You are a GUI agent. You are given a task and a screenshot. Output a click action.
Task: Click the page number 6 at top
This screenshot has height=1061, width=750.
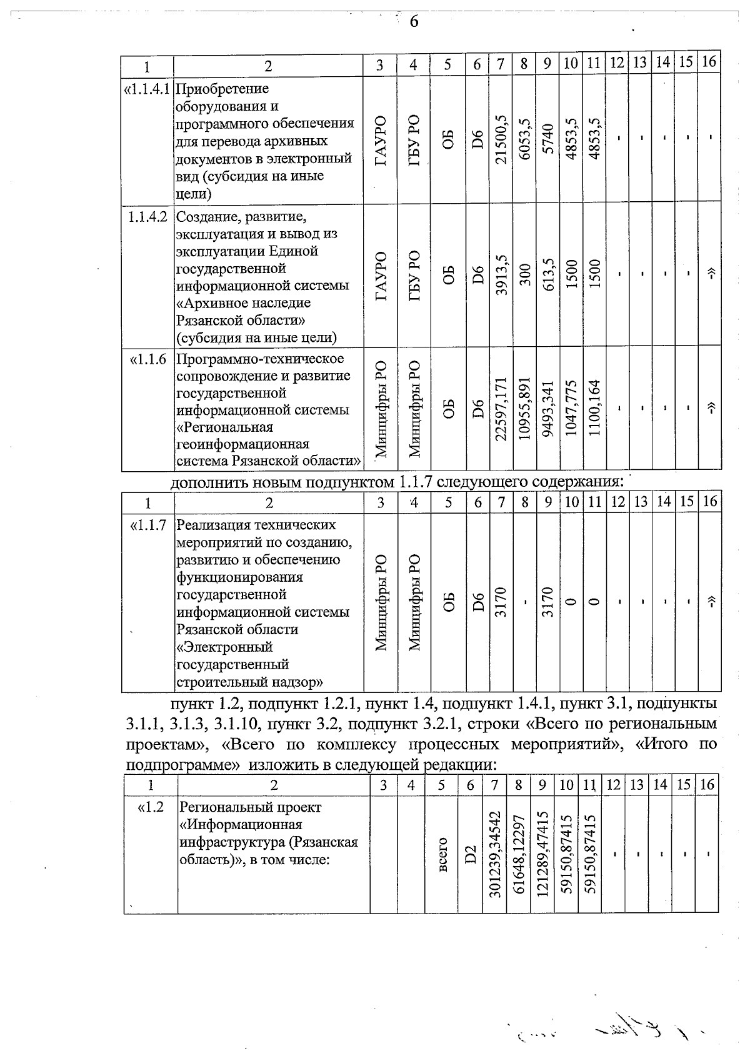pyautogui.click(x=413, y=22)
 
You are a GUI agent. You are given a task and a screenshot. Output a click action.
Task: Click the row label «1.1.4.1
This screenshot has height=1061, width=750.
pyautogui.click(x=148, y=89)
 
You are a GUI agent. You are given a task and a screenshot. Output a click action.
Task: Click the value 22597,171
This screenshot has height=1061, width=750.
pyautogui.click(x=501, y=408)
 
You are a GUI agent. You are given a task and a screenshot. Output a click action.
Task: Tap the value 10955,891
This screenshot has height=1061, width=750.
pyautogui.click(x=524, y=408)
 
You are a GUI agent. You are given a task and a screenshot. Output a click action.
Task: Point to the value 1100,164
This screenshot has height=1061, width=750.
pyautogui.click(x=594, y=408)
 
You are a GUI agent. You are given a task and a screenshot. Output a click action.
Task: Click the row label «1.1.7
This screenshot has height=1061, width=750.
pyautogui.click(x=148, y=526)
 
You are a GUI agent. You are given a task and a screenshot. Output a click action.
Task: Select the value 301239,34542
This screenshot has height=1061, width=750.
pyautogui.click(x=495, y=854)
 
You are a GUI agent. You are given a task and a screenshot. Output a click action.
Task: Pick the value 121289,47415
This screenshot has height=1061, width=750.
pyautogui.click(x=542, y=854)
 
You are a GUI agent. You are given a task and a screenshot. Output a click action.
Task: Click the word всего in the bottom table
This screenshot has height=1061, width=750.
pyautogui.click(x=442, y=854)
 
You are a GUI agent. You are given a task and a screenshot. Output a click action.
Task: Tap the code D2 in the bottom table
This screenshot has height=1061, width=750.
pyautogui.click(x=471, y=854)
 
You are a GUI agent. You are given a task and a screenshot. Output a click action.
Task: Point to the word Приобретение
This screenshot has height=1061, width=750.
pyautogui.click(x=222, y=89)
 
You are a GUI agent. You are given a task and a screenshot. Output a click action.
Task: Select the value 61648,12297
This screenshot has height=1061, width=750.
pyautogui.click(x=519, y=854)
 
